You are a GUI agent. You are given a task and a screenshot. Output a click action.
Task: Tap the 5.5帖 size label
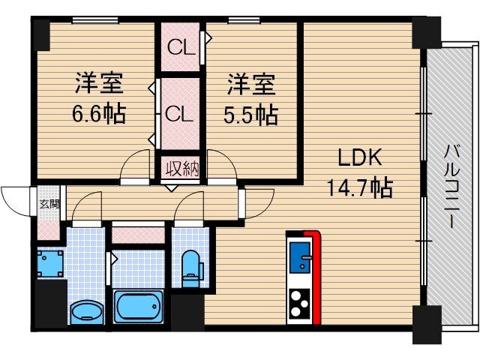(x=251, y=114)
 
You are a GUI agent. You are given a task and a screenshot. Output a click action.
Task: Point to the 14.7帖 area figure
(x=359, y=187)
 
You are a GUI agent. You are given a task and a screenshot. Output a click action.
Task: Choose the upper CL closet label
(x=181, y=49)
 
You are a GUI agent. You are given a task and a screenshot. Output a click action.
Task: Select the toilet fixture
(x=192, y=267)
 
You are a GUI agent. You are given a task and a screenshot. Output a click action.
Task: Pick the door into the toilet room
(x=189, y=206)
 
